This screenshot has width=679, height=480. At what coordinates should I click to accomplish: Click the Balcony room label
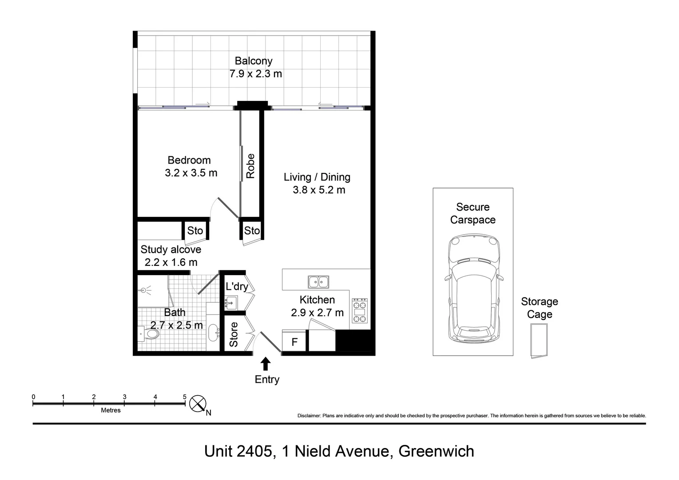point(253,61)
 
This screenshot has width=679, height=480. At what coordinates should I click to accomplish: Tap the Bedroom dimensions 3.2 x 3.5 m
point(191,173)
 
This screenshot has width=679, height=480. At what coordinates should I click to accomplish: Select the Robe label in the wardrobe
point(250,166)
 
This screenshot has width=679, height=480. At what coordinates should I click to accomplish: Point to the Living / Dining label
point(317,177)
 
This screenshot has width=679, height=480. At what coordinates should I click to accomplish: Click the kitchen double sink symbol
point(318,282)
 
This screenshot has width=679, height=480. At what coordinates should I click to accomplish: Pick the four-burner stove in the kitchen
point(359,311)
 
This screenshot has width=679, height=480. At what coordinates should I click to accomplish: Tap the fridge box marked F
point(294,343)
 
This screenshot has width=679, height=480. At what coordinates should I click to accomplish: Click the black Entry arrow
point(266,364)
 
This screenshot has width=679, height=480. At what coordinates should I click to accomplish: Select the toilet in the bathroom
point(149,334)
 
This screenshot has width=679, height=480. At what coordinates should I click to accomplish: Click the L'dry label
point(236,286)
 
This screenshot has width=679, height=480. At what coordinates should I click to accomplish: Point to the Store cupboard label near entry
point(234,334)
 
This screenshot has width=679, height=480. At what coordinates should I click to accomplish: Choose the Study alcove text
point(171,249)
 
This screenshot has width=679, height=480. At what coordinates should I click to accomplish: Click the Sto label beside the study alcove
point(195,230)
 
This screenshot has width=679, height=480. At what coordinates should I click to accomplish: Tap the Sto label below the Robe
point(252,230)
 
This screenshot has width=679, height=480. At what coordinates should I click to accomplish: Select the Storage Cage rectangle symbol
point(539,340)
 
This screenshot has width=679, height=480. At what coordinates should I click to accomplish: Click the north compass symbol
point(198,404)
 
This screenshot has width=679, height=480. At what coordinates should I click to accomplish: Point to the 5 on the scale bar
point(184,397)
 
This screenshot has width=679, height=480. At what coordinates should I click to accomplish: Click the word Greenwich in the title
point(436,452)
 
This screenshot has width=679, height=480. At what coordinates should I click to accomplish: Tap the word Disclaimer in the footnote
point(309,416)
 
